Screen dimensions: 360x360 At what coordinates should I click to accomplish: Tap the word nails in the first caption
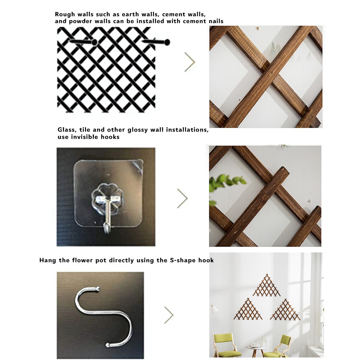[x=215, y=21]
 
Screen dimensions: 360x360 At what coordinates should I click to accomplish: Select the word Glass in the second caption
[x=66, y=130]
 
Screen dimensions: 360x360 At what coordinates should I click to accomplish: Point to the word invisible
[x=88, y=137]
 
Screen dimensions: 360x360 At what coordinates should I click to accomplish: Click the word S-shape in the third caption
[x=183, y=260]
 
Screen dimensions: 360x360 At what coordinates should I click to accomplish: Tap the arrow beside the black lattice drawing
[x=190, y=62]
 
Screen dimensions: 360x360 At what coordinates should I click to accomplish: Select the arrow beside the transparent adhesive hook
[x=182, y=198]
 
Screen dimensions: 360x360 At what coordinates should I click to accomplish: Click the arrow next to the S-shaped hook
[x=169, y=315]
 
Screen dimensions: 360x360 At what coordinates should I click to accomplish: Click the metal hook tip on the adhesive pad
[x=106, y=227]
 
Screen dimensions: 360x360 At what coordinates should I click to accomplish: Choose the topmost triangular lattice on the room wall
[x=266, y=286]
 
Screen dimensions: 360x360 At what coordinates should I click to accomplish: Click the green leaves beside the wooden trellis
[x=227, y=181]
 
